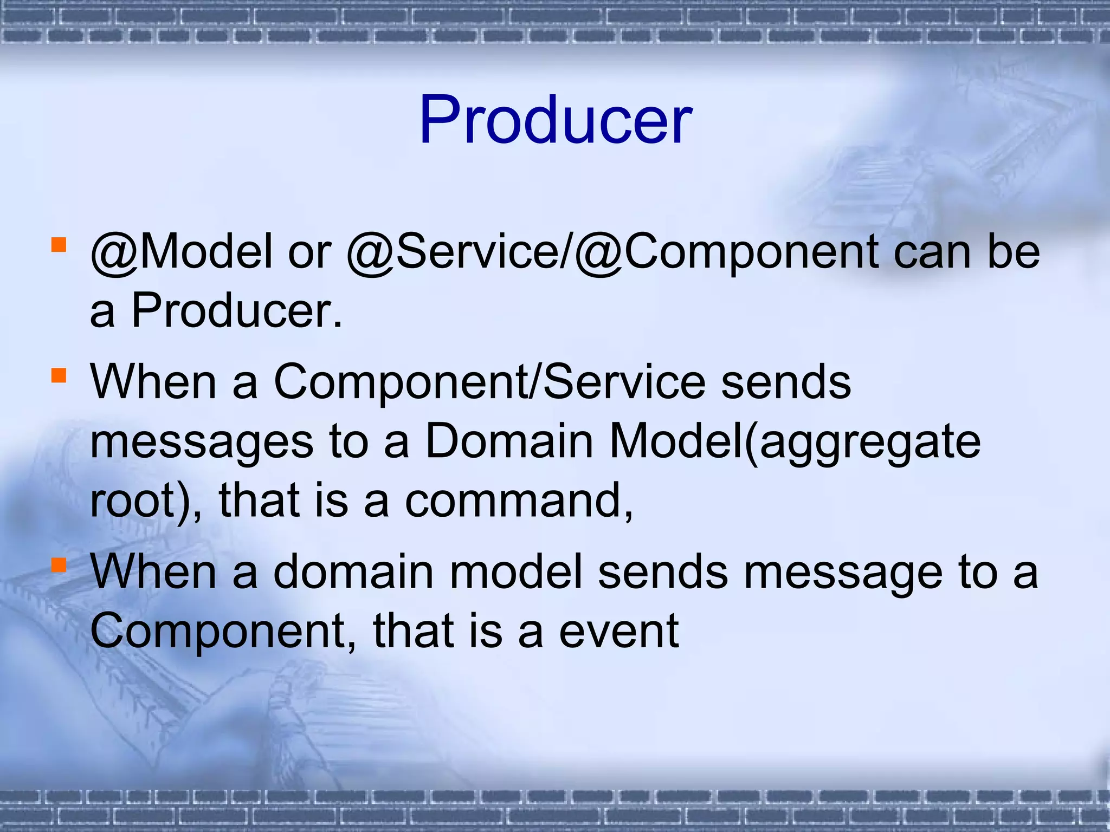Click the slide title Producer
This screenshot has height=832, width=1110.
pyautogui.click(x=555, y=120)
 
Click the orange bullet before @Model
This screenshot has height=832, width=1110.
pyautogui.click(x=59, y=245)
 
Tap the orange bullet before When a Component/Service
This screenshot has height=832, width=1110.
pyautogui.click(x=59, y=375)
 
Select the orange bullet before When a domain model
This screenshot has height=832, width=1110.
pyautogui.click(x=59, y=565)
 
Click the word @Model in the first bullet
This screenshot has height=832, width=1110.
pyautogui.click(x=182, y=252)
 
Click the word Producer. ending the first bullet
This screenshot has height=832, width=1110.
pyautogui.click(x=237, y=311)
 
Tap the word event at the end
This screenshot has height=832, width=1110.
pyautogui.click(x=618, y=632)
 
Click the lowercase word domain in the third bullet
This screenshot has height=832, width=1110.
pyautogui.click(x=353, y=572)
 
